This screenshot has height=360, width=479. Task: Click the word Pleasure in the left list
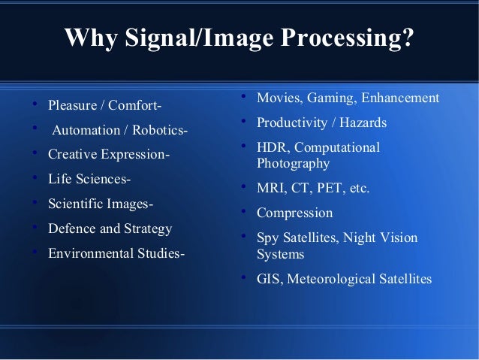click(73, 104)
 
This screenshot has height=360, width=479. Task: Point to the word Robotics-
click(161, 131)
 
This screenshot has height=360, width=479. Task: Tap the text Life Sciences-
click(89, 180)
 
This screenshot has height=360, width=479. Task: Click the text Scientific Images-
click(101, 204)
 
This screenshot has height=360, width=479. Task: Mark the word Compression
click(294, 213)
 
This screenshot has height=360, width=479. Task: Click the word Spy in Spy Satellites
click(268, 238)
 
